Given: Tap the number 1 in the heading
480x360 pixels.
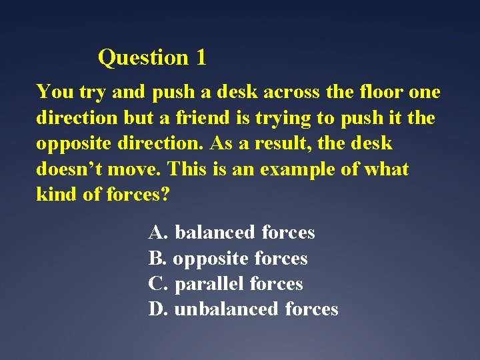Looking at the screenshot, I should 201,58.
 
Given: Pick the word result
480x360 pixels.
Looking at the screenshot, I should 262,143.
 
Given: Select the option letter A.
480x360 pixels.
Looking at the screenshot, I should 158,233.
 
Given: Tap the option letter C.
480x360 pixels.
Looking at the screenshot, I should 158,284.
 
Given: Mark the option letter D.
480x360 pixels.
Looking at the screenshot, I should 158,309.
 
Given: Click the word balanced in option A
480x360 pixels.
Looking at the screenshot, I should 215,233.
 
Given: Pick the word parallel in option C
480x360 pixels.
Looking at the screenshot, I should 209,284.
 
